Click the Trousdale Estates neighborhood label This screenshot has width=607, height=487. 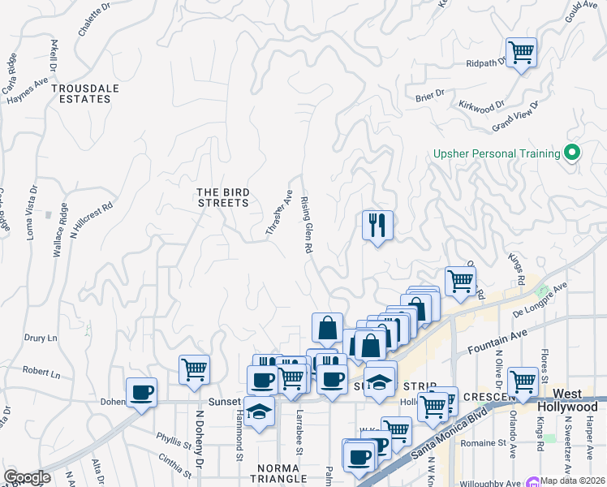click(x=80, y=93)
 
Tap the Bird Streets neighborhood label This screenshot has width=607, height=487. click(x=223, y=197)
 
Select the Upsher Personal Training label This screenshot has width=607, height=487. click(x=497, y=153)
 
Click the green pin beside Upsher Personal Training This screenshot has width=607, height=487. click(x=571, y=153)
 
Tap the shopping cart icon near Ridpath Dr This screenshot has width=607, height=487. click(x=521, y=53)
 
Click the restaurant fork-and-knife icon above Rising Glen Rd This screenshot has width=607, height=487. click(x=377, y=225)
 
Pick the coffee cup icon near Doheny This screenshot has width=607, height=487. click(x=142, y=393)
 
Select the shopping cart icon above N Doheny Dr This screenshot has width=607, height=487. click(x=195, y=369)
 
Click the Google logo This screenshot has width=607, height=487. click(x=26, y=477)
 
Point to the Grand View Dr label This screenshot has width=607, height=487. click(x=515, y=118)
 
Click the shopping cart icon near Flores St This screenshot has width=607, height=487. click(x=523, y=381)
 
